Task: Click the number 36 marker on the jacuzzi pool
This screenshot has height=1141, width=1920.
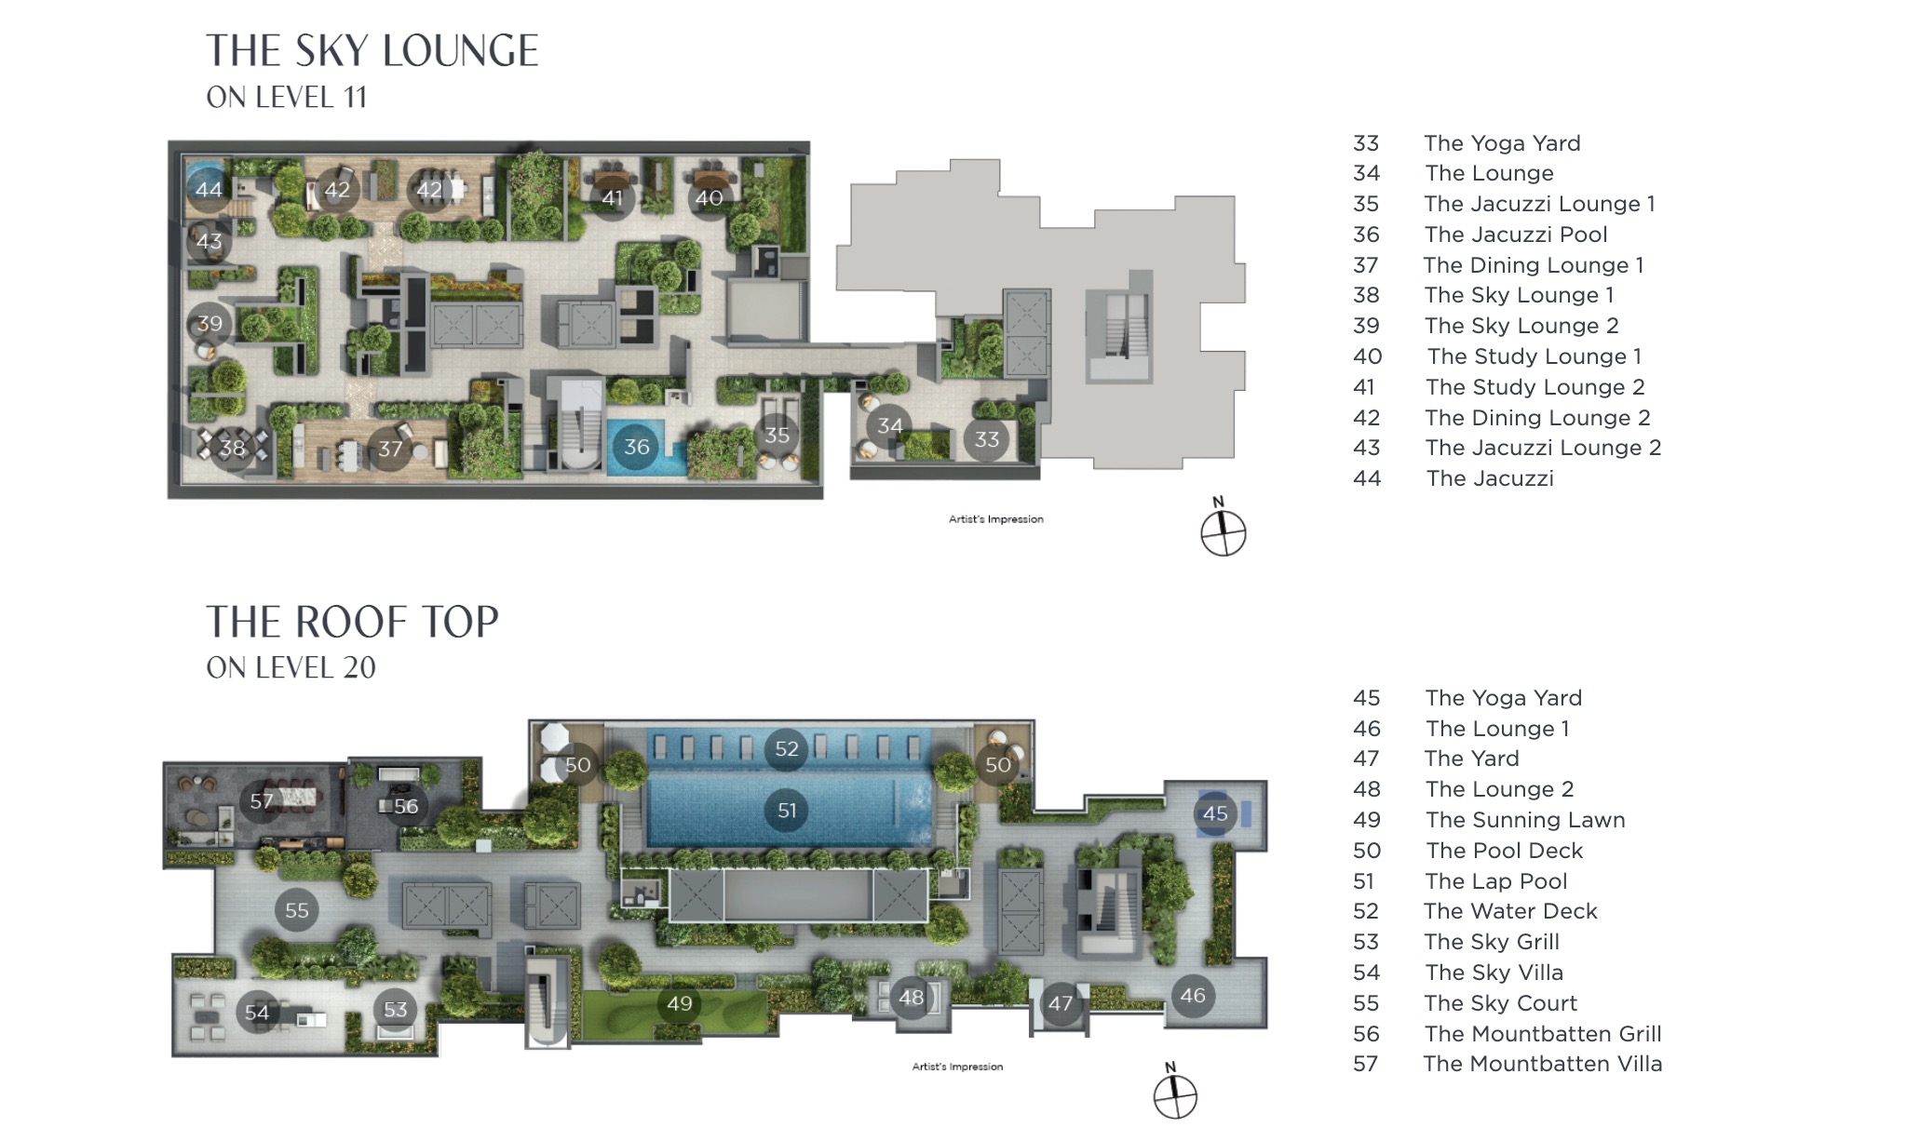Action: click(637, 447)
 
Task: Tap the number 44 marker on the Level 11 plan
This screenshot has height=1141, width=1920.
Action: click(209, 190)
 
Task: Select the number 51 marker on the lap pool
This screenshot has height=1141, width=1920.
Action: click(787, 811)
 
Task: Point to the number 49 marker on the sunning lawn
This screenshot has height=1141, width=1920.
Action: click(680, 1003)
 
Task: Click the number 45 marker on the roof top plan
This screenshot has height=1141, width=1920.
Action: click(1215, 813)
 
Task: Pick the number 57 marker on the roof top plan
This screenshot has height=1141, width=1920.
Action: click(262, 801)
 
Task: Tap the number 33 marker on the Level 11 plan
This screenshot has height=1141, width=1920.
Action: click(987, 439)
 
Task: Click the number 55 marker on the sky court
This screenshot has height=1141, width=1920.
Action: click(297, 910)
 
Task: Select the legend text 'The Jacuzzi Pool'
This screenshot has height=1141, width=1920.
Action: click(1516, 235)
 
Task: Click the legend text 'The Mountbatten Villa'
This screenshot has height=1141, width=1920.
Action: click(1543, 1064)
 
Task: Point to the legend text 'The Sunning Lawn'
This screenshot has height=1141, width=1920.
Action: click(1525, 820)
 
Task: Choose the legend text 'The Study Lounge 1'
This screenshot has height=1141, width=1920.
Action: click(1535, 356)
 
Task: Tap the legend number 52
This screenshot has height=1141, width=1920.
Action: click(1366, 911)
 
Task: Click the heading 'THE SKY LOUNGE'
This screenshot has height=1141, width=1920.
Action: click(372, 51)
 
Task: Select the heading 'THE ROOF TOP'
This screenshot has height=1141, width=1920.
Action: click(352, 623)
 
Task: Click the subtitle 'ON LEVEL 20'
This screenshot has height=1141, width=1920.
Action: click(291, 667)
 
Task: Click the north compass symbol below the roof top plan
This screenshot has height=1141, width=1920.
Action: click(1175, 1095)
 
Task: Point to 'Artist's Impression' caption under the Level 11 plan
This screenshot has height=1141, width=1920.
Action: click(995, 519)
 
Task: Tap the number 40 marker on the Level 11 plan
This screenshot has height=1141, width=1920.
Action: click(709, 198)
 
